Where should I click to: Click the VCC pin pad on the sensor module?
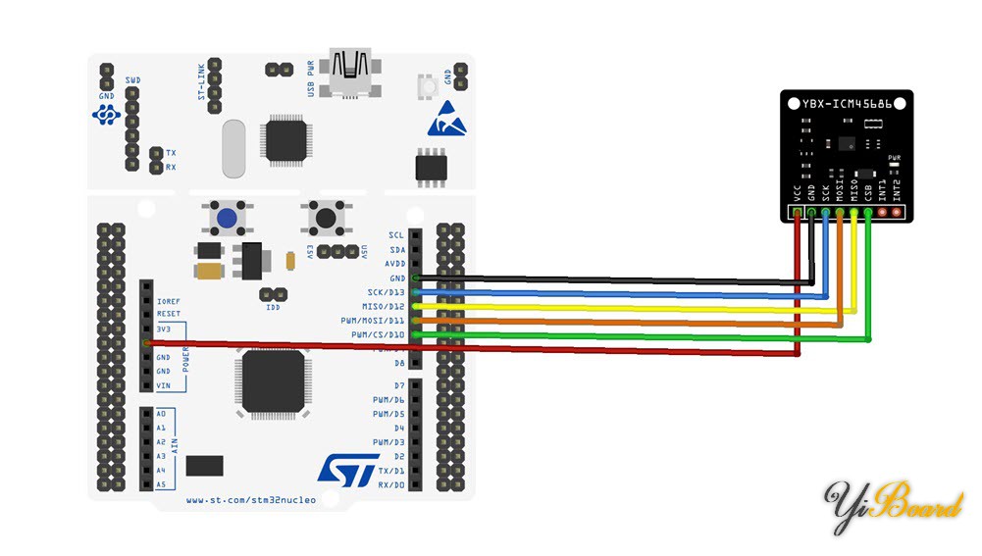798,212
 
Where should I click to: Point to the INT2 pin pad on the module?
895,212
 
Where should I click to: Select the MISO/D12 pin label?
383,306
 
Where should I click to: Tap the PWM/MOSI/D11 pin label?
374,321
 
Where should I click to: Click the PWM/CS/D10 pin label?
377,334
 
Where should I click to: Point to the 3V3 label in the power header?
164,329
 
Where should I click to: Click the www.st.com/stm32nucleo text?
251,500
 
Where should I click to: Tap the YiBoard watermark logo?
893,505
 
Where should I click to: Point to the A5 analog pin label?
161,484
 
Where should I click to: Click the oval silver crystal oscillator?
233,148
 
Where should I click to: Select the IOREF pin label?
169,301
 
